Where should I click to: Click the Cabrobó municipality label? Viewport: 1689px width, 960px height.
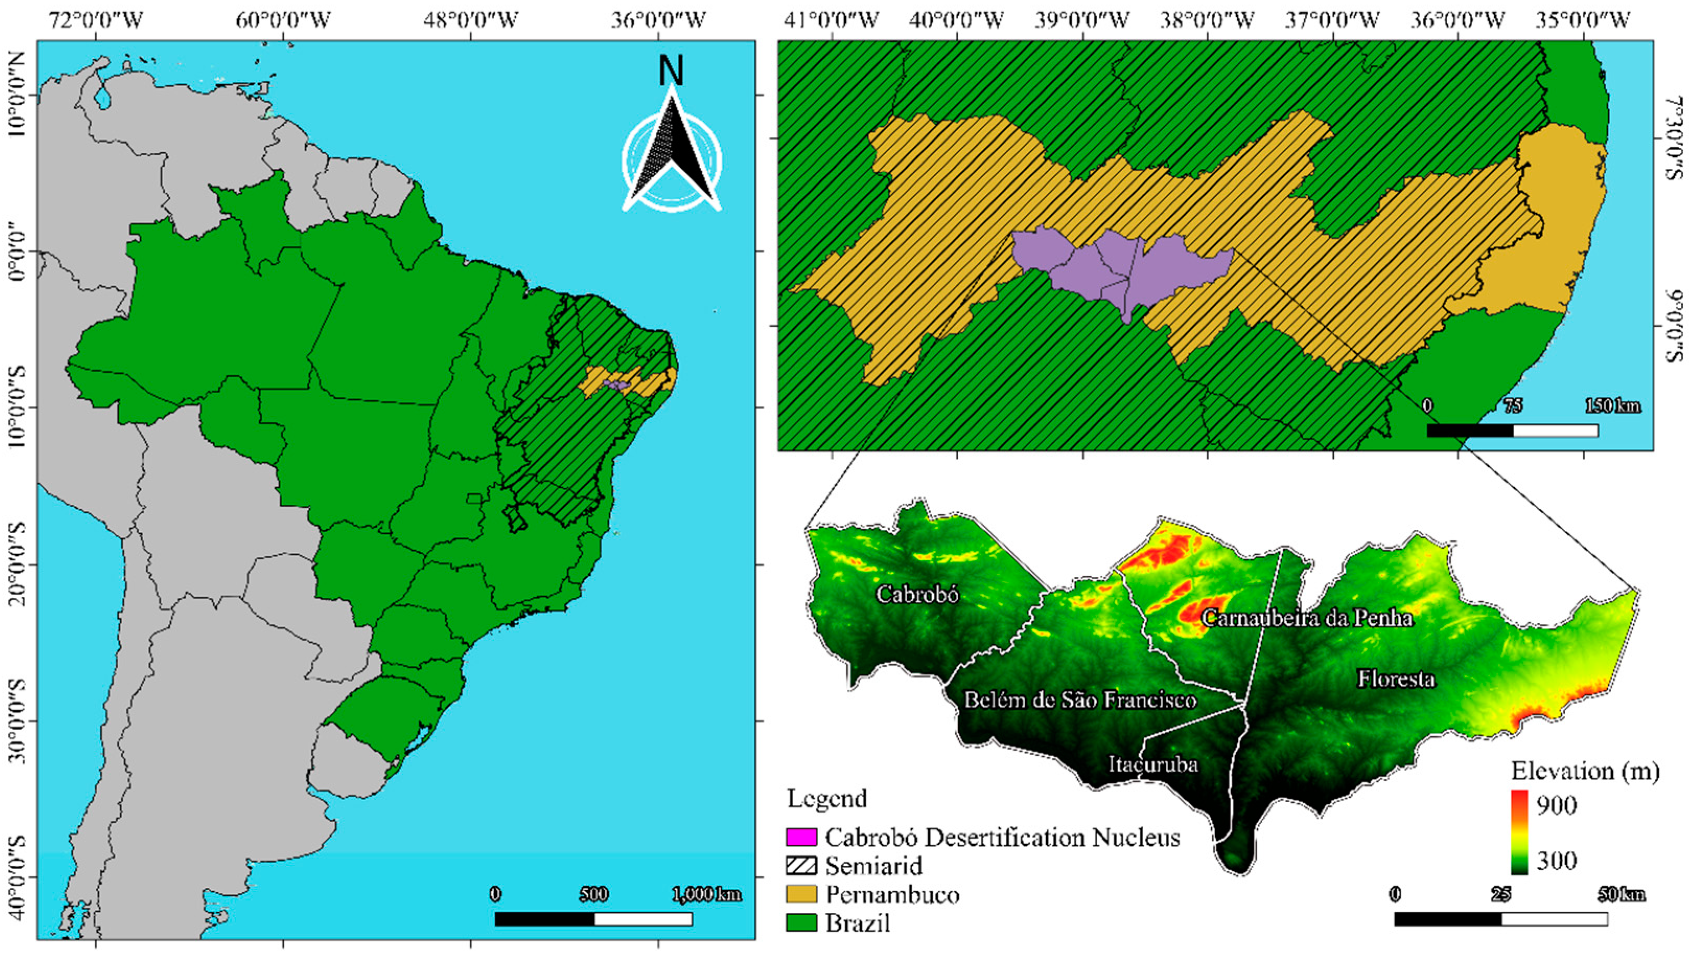917,594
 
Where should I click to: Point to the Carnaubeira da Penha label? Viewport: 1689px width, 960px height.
1307,618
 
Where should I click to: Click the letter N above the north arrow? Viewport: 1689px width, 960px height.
671,71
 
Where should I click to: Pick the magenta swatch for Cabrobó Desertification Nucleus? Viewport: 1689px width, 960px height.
801,837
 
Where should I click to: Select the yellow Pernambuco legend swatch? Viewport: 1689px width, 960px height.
801,894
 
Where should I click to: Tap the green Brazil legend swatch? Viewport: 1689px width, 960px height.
801,922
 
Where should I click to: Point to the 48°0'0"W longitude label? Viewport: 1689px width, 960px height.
471,20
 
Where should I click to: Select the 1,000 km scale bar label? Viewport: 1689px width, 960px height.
706,895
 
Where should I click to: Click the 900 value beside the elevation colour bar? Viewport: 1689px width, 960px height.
1556,806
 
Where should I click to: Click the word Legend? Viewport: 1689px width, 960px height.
826,799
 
